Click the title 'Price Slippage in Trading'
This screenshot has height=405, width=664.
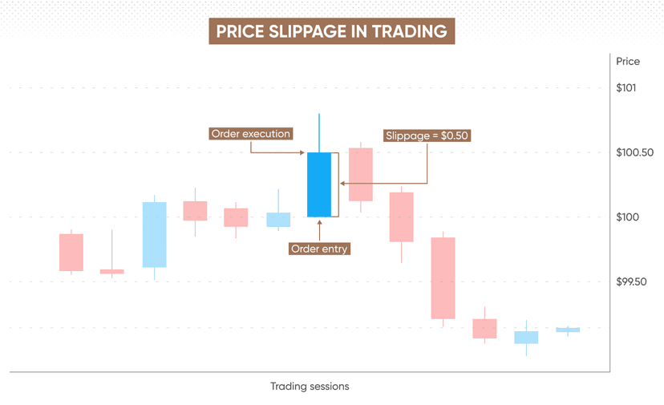pos(331,31)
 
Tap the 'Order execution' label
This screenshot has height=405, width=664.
pos(250,134)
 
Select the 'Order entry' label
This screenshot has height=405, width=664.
pos(319,249)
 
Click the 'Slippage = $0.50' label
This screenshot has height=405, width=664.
pos(427,136)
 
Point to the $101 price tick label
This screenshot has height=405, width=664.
pos(626,87)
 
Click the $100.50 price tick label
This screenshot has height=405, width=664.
pos(634,152)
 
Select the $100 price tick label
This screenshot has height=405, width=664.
pos(627,217)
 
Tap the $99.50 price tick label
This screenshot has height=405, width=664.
pos(631,281)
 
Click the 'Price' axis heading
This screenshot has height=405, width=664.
pos(627,61)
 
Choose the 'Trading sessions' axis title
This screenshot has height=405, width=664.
pos(310,387)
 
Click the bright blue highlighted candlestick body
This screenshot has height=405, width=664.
pos(318,184)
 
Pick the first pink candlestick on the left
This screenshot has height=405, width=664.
pos(71,252)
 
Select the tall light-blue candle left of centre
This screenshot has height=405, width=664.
pos(154,234)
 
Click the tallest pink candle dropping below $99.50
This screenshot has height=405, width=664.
pos(443,277)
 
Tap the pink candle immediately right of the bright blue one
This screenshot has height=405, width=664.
pos(360,174)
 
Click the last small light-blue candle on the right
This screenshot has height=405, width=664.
pos(568,329)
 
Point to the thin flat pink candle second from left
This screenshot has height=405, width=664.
pos(112,271)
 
